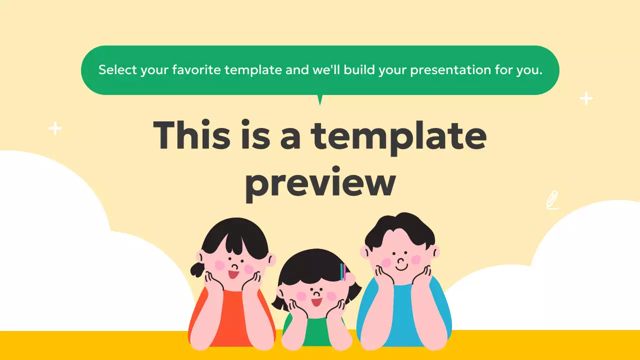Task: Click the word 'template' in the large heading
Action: pyautogui.click(x=398, y=136)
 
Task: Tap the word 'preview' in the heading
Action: pyautogui.click(x=320, y=183)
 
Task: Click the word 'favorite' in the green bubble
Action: pyautogui.click(x=196, y=70)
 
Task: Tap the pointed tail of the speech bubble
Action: pyautogui.click(x=320, y=100)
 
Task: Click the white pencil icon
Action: pyautogui.click(x=552, y=200)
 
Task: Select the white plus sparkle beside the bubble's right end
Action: pyautogui.click(x=586, y=98)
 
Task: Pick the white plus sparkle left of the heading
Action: pyautogui.click(x=55, y=129)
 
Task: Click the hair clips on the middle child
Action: pyautogui.click(x=343, y=272)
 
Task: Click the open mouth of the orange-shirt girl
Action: pyautogui.click(x=233, y=274)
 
